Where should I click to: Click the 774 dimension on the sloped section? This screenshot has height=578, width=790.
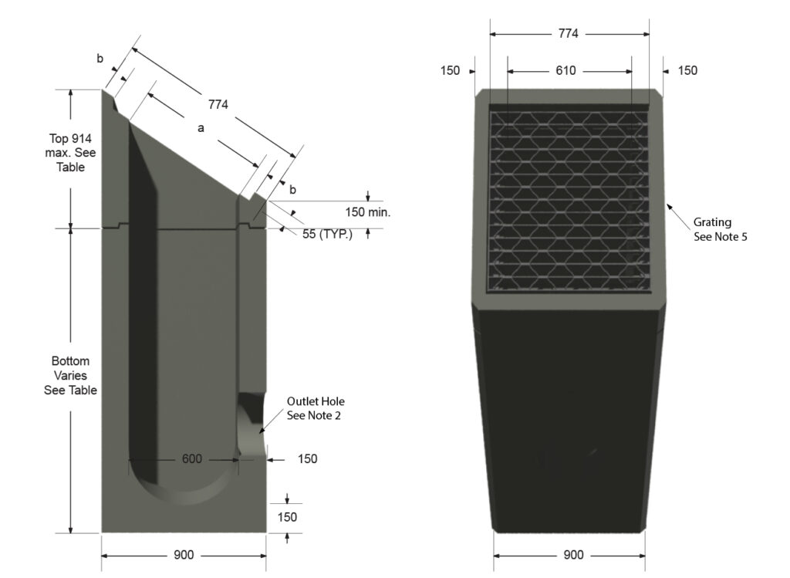[x=218, y=105]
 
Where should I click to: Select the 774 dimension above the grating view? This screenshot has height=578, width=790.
[x=569, y=34]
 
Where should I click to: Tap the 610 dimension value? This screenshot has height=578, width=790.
[x=565, y=70]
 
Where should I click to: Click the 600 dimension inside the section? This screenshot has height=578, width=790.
[x=192, y=459]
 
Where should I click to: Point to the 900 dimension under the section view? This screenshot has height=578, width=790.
[x=184, y=556]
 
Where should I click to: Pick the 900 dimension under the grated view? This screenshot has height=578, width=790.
[x=573, y=556]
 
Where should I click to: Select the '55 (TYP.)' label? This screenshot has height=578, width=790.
[x=327, y=234]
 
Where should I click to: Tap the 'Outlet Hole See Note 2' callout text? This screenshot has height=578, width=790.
[x=316, y=408]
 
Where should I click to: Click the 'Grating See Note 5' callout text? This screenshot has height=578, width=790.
[x=720, y=230]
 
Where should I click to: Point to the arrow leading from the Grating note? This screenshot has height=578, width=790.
[x=677, y=211]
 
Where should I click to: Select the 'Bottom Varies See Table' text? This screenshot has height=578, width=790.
[x=70, y=376]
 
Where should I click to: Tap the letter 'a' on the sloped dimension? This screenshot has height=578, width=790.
[x=201, y=129]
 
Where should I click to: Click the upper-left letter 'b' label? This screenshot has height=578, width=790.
[x=100, y=59]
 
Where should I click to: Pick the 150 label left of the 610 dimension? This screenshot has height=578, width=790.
[x=450, y=70]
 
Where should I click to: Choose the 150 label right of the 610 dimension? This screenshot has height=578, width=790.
[x=687, y=70]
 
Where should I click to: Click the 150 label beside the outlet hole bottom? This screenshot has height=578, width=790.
[x=307, y=459]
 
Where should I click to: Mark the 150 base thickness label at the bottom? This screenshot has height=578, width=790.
[x=287, y=517]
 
